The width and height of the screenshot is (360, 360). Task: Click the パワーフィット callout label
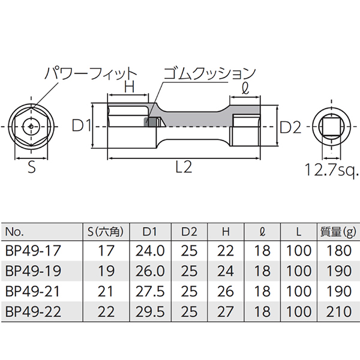[91, 74]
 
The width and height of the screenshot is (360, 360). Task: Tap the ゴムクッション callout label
[209, 74]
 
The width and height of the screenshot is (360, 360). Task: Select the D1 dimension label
[82, 126]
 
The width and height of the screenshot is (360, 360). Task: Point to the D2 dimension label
[290, 127]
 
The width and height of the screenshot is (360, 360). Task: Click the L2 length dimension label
[184, 167]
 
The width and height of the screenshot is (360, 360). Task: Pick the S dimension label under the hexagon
[32, 167]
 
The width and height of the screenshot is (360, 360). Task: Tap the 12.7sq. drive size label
[332, 170]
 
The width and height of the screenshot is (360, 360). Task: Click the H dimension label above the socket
[129, 87]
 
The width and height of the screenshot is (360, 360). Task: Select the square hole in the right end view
[331, 126]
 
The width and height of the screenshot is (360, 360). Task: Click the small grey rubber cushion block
[146, 122]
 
